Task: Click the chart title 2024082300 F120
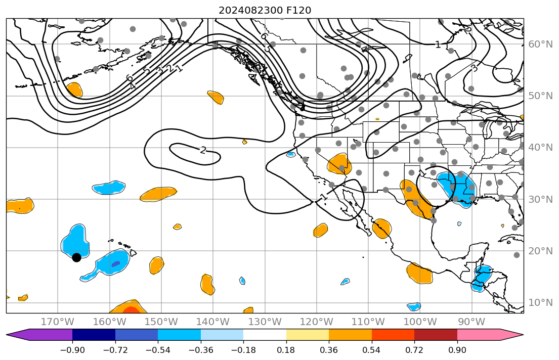pos(265,10)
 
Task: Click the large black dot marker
pos(76,257)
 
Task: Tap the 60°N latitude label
pos(540,44)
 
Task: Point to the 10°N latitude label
pos(540,303)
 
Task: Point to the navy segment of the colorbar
pos(94,335)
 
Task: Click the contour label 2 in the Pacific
pos(203,150)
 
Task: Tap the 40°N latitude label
pos(540,148)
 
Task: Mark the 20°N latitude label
pos(540,251)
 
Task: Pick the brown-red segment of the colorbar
pos(436,335)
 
